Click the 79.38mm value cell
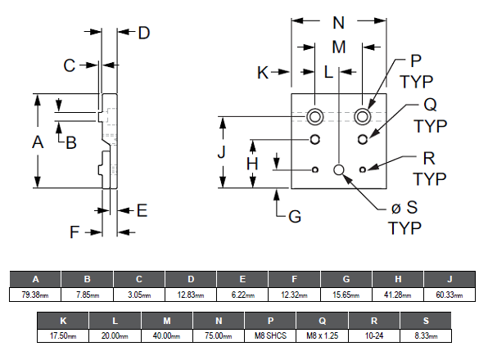35,295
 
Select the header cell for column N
219,321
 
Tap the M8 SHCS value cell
270,335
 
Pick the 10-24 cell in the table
374,335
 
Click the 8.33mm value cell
426,335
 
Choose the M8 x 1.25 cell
322,335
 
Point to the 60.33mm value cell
450,295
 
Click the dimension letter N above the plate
339,23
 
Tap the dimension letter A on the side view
38,142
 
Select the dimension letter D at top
144,33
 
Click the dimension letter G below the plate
295,216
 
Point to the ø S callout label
404,207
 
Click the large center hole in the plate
339,169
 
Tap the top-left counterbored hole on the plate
314,117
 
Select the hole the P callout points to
362,117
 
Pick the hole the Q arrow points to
362,139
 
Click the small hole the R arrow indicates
362,169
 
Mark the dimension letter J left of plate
222,152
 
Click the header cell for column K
63,321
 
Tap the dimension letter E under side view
142,210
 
